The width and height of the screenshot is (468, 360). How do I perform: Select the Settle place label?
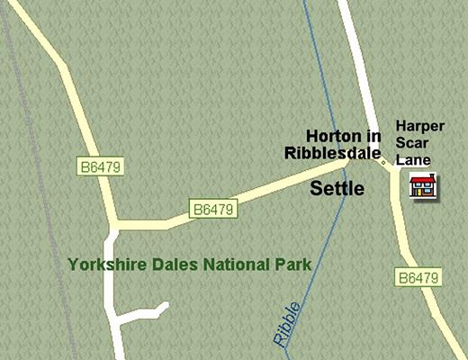[337, 188]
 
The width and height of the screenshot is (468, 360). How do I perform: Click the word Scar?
[414, 145]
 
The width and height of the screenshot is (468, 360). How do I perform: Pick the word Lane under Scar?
[416, 160]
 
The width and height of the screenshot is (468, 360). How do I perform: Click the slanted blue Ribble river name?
[286, 324]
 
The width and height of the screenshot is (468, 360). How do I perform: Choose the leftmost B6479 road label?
[99, 166]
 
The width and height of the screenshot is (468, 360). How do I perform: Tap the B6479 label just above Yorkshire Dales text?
[214, 210]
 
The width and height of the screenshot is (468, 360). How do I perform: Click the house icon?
[423, 187]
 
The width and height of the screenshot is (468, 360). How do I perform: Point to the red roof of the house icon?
[423, 179]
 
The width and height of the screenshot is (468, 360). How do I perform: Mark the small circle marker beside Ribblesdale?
[384, 163]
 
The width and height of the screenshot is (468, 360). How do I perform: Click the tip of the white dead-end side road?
[166, 306]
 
